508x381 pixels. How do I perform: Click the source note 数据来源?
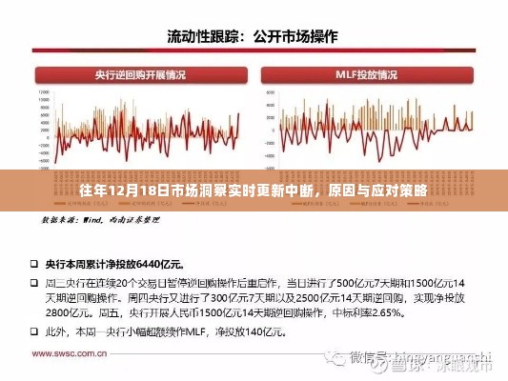click(59, 219)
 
